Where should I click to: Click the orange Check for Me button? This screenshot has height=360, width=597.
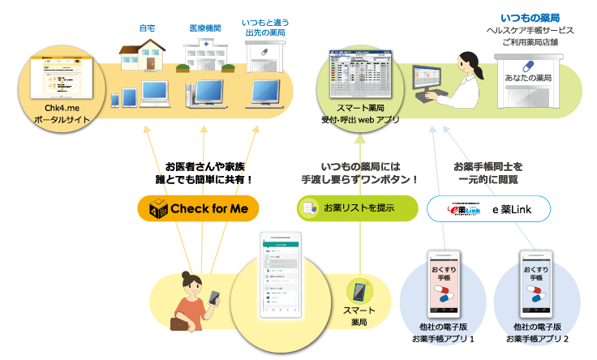198,208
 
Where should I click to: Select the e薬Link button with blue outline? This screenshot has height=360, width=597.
488,208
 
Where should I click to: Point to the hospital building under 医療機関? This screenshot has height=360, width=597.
204,55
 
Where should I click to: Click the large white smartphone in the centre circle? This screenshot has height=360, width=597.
281,276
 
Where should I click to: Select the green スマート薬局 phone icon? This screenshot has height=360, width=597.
359,292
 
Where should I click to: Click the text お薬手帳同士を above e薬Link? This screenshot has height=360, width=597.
485,166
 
